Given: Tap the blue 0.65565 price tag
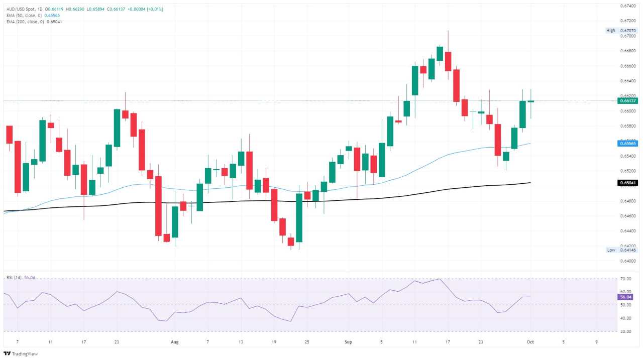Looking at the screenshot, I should point(627,143).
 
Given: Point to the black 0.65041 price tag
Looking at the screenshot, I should point(627,183).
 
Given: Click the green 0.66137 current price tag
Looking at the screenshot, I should point(627,100).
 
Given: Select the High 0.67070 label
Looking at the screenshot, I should point(622,31).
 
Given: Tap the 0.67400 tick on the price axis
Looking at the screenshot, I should point(628,6).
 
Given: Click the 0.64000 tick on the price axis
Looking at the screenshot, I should point(628,261).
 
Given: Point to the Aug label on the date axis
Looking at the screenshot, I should point(174,342).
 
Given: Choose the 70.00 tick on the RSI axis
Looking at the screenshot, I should point(626,279).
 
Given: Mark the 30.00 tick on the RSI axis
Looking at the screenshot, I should point(626,331).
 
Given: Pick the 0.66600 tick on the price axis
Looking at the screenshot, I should point(628,66).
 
